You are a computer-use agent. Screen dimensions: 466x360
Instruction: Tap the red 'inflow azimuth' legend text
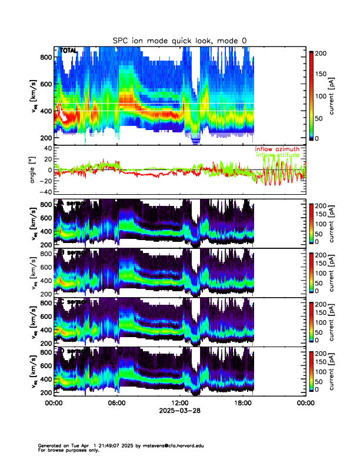coord(276,149)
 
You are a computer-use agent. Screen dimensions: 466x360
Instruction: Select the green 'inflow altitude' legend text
coord(278,155)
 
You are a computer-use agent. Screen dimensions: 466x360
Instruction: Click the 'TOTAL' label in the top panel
coord(68,51)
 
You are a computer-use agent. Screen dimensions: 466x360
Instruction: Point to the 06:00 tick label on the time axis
coord(116,403)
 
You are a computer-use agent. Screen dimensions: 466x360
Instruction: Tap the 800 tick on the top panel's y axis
coord(46,57)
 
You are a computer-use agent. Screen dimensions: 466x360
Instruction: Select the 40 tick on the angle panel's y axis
coord(46,148)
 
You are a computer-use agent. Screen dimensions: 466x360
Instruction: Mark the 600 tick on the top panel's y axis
coord(46,84)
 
